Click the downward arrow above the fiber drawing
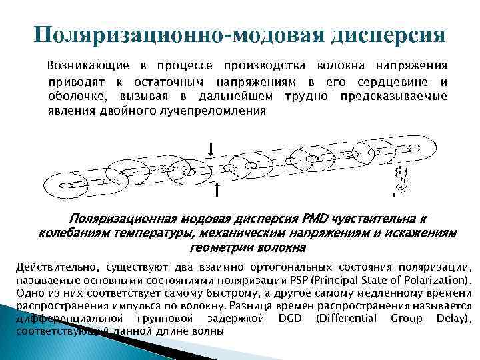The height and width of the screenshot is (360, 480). click(x=211, y=147)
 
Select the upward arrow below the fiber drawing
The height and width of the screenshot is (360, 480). click(x=218, y=191)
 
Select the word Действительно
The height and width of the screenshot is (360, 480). click(x=53, y=267)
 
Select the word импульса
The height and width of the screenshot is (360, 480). click(x=149, y=306)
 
